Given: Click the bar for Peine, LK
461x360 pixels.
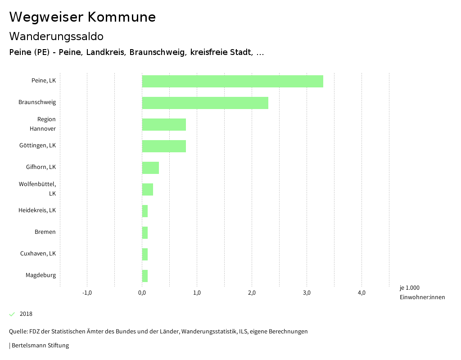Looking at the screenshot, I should point(232,81).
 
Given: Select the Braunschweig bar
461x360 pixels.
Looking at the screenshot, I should point(205,103).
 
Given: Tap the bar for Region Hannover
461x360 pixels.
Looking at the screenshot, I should point(164,124).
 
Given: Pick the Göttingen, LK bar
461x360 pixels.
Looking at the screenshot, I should point(164,146).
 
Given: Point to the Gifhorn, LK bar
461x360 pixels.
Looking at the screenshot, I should point(150,168).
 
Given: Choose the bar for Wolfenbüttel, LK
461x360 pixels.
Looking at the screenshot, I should point(147,189).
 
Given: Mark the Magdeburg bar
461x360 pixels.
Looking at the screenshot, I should point(145,276).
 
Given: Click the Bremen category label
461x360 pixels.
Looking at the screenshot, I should point(45,232).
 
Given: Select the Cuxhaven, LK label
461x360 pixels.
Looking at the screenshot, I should point(38,254).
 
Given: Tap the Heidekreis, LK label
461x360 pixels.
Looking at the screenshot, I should point(37,210).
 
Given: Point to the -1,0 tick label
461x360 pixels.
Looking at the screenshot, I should point(87,293).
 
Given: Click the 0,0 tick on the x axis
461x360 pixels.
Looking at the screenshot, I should point(142,293).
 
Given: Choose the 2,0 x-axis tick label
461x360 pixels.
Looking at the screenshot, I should point(252,293).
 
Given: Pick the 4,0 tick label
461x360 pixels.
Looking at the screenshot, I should point(362,293).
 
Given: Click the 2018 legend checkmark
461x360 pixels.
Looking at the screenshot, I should point(12,314).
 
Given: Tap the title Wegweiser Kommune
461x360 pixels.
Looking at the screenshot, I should point(82,17).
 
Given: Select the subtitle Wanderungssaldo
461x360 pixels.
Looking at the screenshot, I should point(56,36).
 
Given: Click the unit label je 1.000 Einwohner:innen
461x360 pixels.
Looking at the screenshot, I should point(422,292).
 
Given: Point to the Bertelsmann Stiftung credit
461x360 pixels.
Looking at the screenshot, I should point(40,346).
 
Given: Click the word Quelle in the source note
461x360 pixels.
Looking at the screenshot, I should point(18,332).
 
